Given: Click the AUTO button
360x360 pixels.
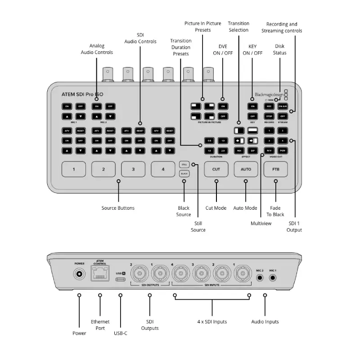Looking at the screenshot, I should coord(246,169).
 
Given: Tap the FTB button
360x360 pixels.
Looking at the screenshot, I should coord(275,169).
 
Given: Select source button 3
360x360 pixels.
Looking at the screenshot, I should coord(133,169).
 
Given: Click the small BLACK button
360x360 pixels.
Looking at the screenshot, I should coord(184,173).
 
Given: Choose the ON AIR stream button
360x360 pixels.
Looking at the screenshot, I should coord(283,106).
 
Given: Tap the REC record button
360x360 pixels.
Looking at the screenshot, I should coord(269,106).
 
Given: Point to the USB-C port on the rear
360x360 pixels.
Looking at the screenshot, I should coord(121,279).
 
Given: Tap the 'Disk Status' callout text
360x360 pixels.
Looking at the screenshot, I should coord(279,49).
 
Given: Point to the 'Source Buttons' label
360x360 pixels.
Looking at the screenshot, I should coord(118,208).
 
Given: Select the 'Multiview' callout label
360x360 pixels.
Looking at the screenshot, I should coord(261,223).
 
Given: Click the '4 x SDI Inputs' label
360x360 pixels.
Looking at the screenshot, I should coord(212,322).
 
